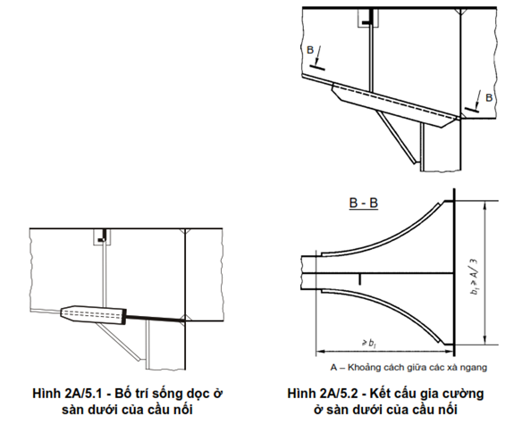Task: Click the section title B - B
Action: [x=364, y=203]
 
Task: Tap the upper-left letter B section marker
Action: [x=310, y=50]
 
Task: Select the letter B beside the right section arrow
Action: [x=489, y=98]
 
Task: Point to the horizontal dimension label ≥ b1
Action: [x=369, y=344]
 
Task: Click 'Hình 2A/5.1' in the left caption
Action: [x=70, y=393]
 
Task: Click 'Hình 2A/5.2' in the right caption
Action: [x=324, y=393]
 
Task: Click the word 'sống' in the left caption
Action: [x=167, y=394]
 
